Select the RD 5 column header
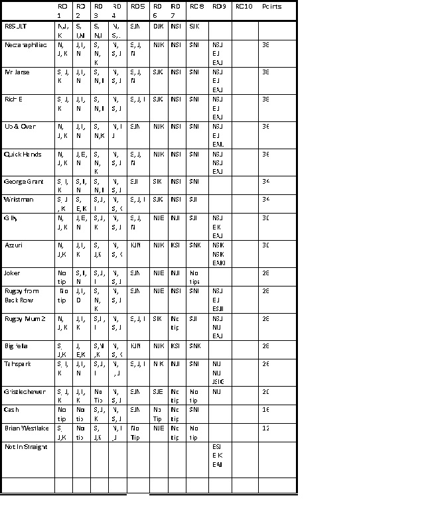click(x=137, y=7)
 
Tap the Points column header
click(x=271, y=7)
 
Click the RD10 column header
click(x=244, y=7)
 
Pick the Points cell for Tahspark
click(x=265, y=364)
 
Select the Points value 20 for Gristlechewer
click(x=265, y=392)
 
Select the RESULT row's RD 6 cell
click(x=158, y=27)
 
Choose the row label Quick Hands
click(x=23, y=155)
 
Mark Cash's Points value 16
click(x=265, y=410)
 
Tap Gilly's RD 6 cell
click(x=159, y=218)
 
